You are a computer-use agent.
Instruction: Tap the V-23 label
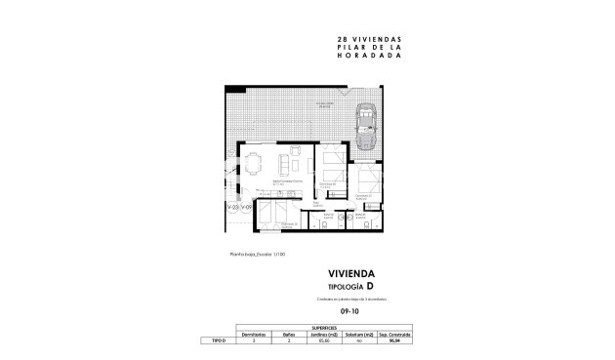coord(232,208)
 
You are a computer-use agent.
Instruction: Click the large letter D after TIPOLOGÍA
coord(369,286)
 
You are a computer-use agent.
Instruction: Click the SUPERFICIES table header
coord(325,327)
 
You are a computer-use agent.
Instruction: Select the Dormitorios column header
coord(253,334)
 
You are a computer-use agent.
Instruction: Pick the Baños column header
coord(289,334)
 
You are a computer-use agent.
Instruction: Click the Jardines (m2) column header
coord(325,334)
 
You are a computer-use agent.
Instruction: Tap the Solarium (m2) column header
coord(361,334)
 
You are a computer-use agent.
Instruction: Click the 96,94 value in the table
coord(396,341)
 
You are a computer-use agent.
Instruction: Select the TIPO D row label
coord(218,341)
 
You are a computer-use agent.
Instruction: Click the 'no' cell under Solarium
coord(361,341)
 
